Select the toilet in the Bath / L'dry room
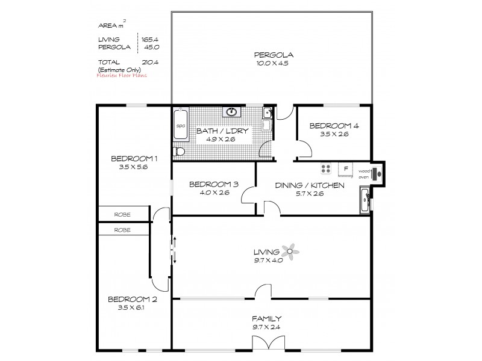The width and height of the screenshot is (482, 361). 178,152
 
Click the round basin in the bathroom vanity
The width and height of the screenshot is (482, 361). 231,112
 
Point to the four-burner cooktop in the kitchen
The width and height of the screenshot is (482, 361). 326,169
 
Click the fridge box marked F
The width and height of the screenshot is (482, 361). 346,169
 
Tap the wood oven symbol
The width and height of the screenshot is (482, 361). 376,173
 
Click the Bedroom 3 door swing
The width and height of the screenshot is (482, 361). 248,197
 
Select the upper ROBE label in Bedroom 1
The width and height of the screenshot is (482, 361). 124,214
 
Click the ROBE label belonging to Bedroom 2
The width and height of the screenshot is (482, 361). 124,230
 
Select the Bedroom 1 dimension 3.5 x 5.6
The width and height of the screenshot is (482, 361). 134,167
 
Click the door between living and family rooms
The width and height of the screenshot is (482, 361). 262,292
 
